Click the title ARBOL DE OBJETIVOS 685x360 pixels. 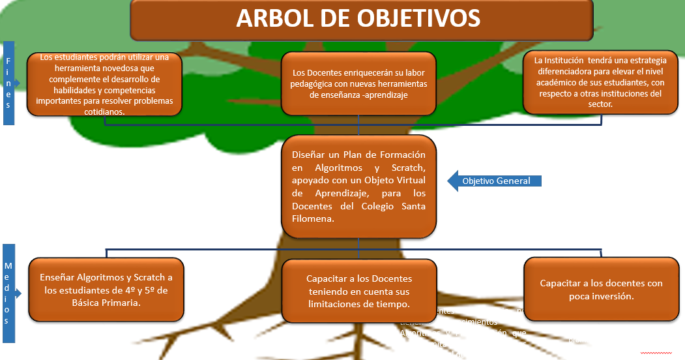click(x=358, y=19)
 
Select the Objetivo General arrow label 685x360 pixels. click(x=496, y=181)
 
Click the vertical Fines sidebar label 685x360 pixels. click(x=8, y=83)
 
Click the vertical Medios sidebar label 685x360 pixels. click(x=8, y=293)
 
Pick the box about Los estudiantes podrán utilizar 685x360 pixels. click(x=104, y=85)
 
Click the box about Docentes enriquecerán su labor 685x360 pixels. click(x=359, y=84)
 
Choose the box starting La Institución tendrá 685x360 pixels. click(x=600, y=82)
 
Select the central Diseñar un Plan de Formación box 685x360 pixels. click(x=358, y=187)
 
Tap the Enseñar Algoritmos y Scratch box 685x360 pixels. click(x=106, y=290)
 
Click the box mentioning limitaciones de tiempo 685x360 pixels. click(x=359, y=291)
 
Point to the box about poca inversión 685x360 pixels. click(x=601, y=290)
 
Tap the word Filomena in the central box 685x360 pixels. click(x=313, y=219)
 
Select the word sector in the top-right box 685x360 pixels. click(x=600, y=104)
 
